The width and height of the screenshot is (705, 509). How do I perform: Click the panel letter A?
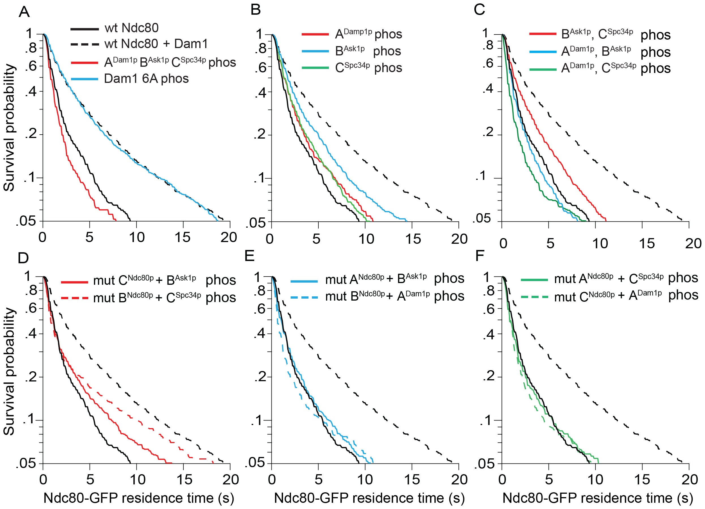24,12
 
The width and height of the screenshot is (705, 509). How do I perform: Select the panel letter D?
23,258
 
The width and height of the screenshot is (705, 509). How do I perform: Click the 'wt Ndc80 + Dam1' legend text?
156,44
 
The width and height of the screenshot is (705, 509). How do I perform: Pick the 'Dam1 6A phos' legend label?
146,79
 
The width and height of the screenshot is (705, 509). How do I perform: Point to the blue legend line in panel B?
315,51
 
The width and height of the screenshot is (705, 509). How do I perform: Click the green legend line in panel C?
543,69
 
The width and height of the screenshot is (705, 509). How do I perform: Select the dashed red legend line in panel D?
75,298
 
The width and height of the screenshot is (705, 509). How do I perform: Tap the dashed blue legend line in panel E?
304,297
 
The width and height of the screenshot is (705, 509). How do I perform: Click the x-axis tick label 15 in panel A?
183,238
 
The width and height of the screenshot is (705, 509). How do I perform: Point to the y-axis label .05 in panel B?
256,222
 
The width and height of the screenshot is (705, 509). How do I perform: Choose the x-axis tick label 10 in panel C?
600,243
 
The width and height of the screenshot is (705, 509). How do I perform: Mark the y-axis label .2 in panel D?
31,377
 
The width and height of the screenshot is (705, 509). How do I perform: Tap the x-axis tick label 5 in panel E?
318,480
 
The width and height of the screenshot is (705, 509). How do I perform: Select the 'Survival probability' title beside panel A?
9,127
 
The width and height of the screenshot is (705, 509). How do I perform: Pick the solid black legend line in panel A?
85,29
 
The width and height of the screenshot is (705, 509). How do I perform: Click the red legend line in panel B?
315,34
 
